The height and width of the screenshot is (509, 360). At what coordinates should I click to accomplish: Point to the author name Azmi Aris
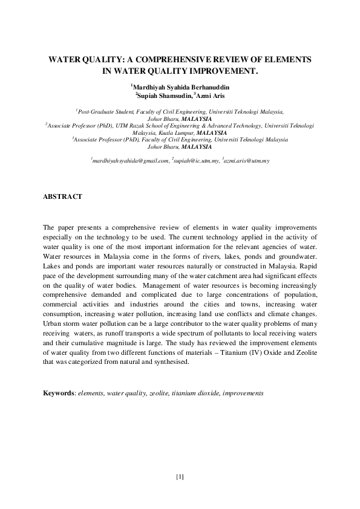[210, 96]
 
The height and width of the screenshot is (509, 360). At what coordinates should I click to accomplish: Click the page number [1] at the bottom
[180, 477]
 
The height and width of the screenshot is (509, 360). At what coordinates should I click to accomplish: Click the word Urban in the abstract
[52, 324]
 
